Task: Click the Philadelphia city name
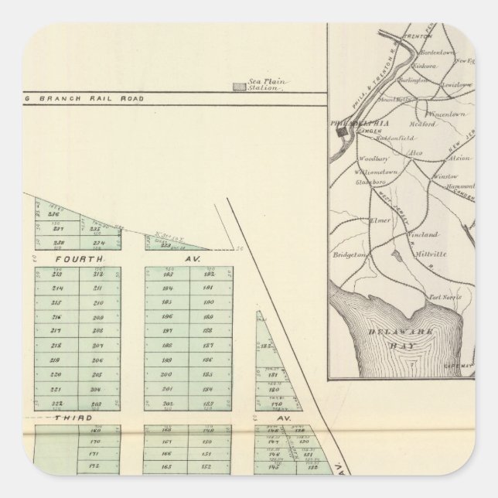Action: pos(360,122)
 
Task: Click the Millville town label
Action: pos(426,253)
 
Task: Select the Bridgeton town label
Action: pos(349,253)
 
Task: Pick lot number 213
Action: pos(56,274)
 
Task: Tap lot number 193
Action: pos(209,274)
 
